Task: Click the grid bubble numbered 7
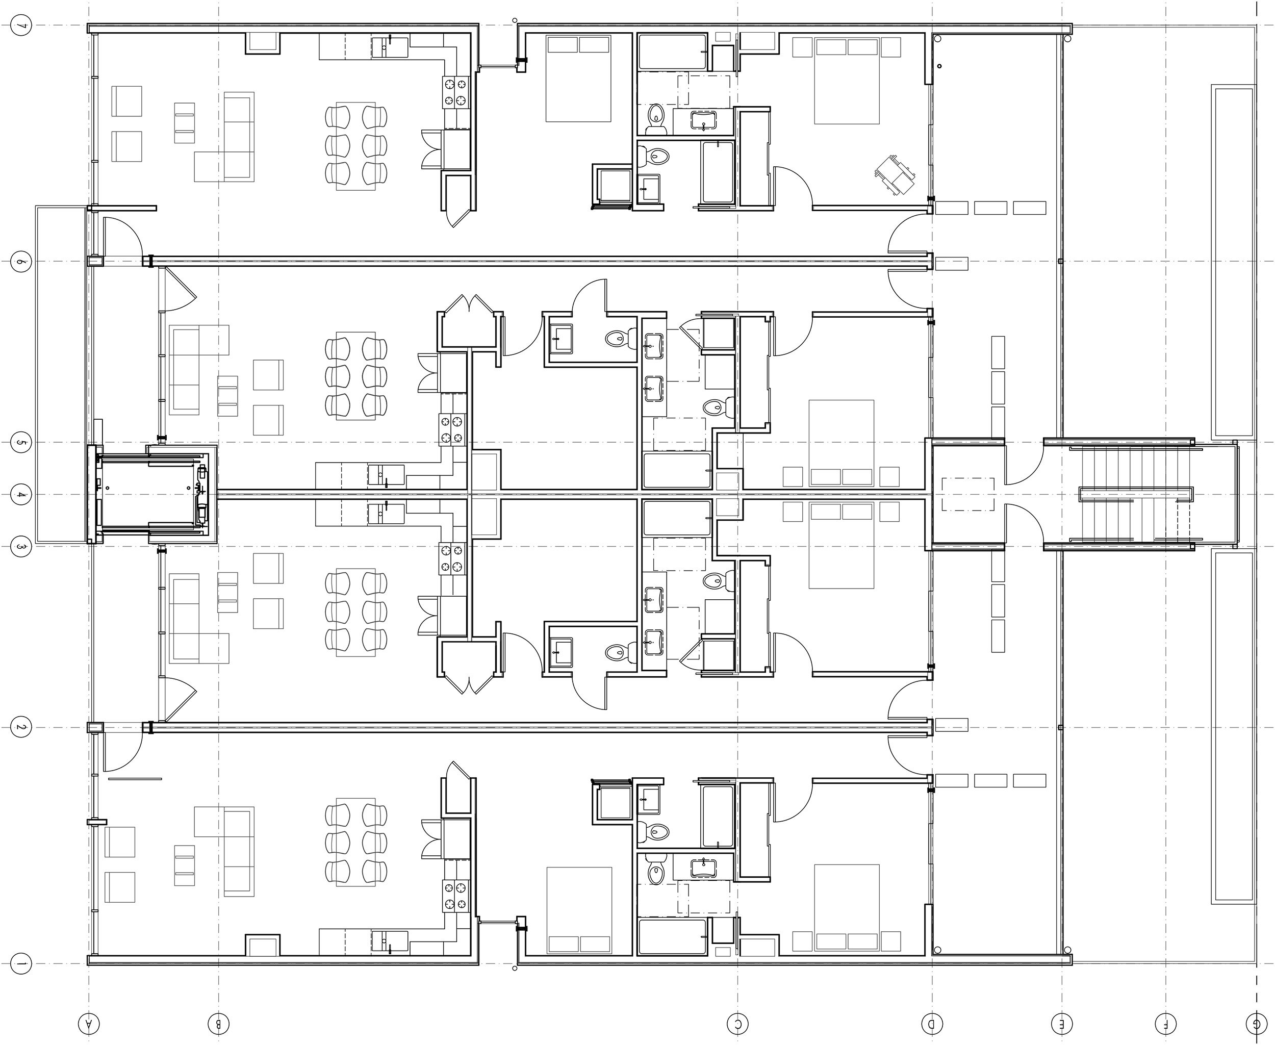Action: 20,27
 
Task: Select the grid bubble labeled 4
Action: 20,495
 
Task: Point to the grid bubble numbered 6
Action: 20,261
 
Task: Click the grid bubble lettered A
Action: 88,1023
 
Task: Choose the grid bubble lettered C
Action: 738,1023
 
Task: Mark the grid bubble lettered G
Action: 1256,1023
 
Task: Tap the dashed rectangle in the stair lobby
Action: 968,494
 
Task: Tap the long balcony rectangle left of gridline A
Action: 61,373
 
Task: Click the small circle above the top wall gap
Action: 515,20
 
